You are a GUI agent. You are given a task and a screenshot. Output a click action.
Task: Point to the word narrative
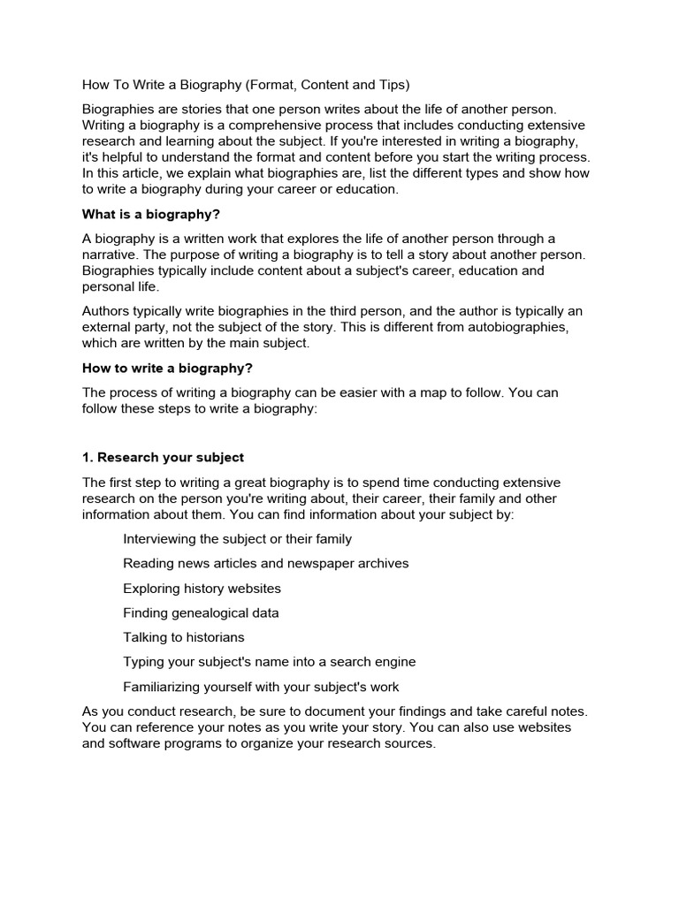coord(113,255)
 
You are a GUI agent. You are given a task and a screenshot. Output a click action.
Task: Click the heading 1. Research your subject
coord(163,457)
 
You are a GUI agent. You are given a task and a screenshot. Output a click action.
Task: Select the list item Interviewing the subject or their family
coord(237,538)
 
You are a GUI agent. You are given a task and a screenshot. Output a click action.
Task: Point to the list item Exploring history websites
coord(202,588)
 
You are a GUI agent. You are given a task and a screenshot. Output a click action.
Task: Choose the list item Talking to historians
coord(184,637)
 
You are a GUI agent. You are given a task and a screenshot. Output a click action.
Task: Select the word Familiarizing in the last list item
coord(163,687)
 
